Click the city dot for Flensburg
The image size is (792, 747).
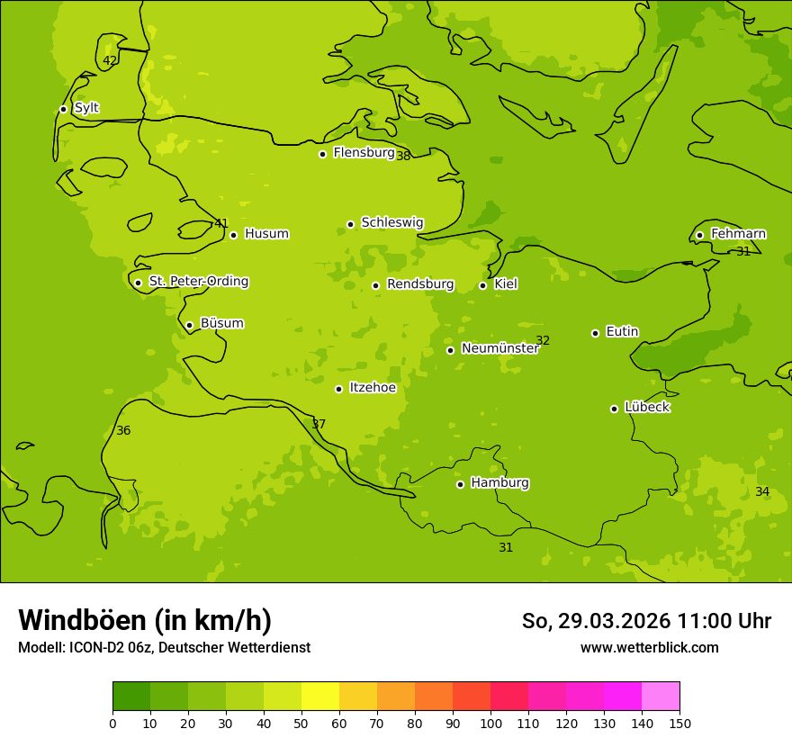[x=322, y=154]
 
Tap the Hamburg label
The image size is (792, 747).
[x=499, y=483]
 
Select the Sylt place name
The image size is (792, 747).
[x=86, y=108]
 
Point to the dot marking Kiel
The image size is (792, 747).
[x=482, y=285]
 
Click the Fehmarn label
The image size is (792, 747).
[x=738, y=234]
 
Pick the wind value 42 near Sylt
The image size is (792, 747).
[x=110, y=61]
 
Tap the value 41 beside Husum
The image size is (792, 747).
[x=221, y=224]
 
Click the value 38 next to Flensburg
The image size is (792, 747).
[x=403, y=156]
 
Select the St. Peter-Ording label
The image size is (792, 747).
[x=198, y=282]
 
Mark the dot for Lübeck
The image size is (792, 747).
[x=614, y=409]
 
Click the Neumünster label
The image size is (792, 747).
[x=499, y=348]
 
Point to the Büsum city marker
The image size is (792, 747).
[x=189, y=325]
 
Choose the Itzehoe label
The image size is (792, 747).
[x=373, y=388]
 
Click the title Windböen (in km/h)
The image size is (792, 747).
[x=145, y=620]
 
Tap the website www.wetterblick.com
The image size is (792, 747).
[x=649, y=648]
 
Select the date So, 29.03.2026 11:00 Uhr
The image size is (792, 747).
[x=646, y=621]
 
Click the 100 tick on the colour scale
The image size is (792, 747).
[x=490, y=723]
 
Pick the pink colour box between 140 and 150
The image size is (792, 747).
[x=661, y=697]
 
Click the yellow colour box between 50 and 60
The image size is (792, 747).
[x=320, y=697]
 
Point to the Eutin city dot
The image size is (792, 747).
[x=595, y=333]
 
